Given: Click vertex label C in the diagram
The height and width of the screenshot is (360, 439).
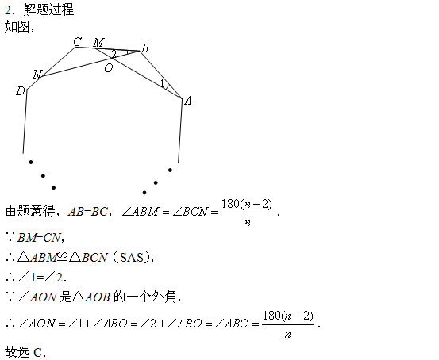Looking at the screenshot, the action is click(78, 42).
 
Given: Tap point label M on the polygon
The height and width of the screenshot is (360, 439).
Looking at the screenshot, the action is click(98, 43).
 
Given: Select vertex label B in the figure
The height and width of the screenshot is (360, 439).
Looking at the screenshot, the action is click(144, 48).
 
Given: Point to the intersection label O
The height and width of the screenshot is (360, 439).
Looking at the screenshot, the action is click(109, 68).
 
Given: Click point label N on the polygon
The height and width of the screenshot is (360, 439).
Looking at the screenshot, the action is click(37, 75).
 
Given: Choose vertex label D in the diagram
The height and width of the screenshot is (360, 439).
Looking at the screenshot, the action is click(21, 91).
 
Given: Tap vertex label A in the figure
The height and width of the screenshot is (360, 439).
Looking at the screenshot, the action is click(188, 101).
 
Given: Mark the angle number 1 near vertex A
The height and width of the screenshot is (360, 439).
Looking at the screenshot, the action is click(162, 83).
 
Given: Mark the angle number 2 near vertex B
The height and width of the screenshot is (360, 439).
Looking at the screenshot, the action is click(114, 54).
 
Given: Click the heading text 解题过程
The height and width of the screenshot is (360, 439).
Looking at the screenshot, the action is click(48, 10).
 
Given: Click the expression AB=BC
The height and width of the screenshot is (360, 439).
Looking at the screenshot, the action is click(87, 212).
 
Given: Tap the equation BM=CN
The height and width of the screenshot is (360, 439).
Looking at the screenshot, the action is click(39, 238).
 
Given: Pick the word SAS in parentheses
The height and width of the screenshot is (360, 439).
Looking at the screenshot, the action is click(132, 258).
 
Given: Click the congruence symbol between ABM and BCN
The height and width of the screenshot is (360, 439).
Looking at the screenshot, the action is click(63, 258).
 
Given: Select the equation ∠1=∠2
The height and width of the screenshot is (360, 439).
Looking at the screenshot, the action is click(40, 278).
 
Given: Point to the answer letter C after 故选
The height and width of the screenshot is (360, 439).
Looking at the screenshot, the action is click(38, 352).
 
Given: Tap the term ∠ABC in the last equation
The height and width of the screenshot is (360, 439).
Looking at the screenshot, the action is click(232, 324).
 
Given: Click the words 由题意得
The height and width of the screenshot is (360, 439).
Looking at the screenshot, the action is click(30, 211).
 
